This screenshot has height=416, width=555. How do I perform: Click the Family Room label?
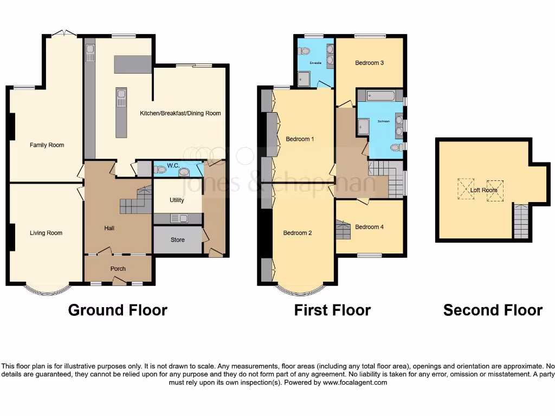click(x=47, y=145)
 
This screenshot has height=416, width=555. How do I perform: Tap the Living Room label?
click(x=46, y=233)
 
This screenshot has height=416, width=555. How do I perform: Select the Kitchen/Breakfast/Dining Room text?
click(x=180, y=113)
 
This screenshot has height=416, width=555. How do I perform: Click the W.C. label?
click(x=173, y=165)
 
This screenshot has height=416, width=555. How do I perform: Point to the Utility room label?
click(x=177, y=200)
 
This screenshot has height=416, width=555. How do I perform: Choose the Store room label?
click(x=177, y=239)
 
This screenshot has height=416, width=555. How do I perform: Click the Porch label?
click(x=118, y=268)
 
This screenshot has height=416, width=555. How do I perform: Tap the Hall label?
click(x=109, y=228)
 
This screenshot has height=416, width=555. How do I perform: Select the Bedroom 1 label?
click(x=300, y=139)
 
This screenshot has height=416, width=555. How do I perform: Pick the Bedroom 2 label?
click(x=298, y=233)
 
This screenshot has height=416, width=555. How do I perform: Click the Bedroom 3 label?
click(x=369, y=63)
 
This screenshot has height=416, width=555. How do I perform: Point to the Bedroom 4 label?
click(x=369, y=227)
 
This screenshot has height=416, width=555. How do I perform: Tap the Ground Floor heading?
click(x=118, y=310)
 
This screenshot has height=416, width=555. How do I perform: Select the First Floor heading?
click(x=332, y=310)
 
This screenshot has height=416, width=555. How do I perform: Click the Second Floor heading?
click(x=493, y=310)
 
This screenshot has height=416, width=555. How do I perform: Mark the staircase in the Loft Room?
click(x=520, y=222)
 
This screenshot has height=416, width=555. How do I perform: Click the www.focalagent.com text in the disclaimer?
click(x=355, y=382)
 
